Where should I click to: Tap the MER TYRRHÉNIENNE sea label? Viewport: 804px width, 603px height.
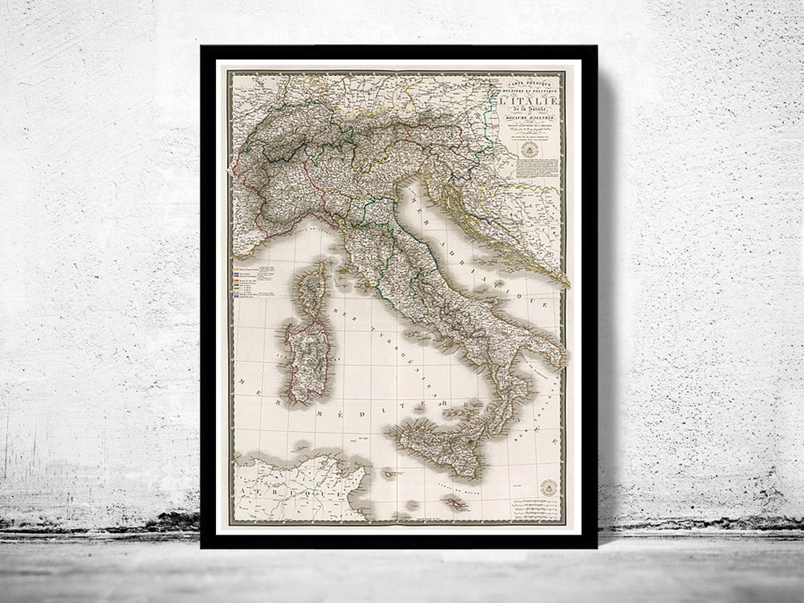click(372, 335)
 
